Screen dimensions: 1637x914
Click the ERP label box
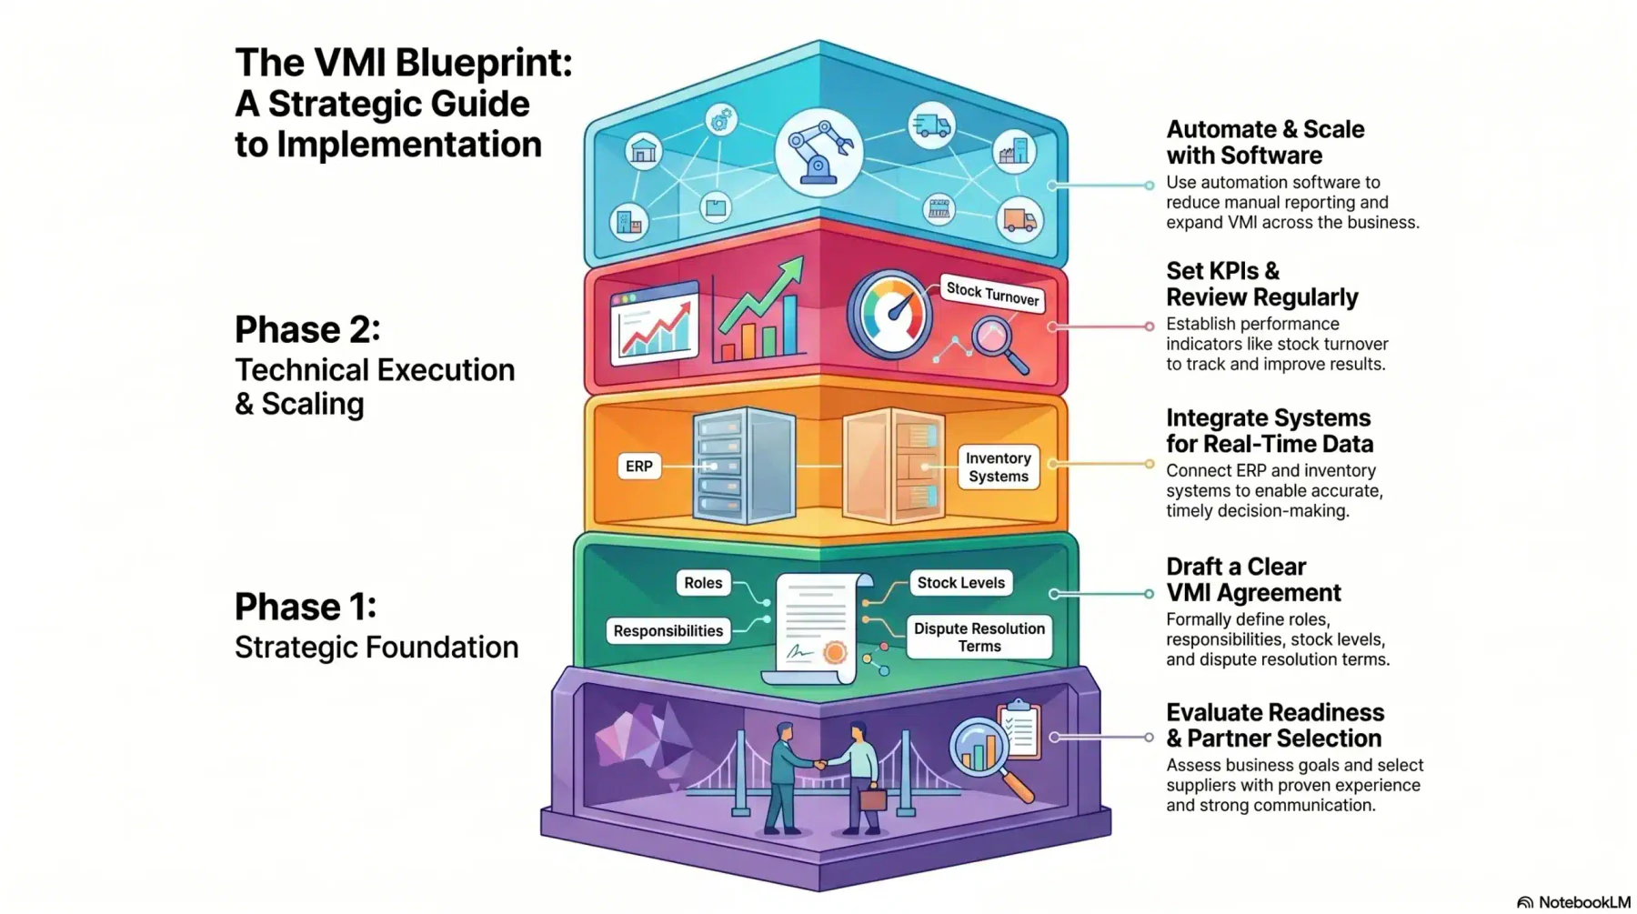[638, 467]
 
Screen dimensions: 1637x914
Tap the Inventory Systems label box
[998, 467]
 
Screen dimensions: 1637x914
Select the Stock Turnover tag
[992, 293]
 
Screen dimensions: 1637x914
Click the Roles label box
[703, 583]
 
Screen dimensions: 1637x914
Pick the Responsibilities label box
[668, 631]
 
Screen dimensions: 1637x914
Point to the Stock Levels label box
[960, 583]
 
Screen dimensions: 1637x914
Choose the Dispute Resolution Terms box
[979, 637]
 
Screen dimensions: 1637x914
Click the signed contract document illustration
[816, 628]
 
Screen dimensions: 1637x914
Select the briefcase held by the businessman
[872, 799]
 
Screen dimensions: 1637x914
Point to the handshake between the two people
[820, 765]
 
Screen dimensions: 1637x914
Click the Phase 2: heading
[307, 330]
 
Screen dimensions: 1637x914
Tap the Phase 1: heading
[306, 607]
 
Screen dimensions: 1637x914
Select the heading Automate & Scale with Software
[1265, 142]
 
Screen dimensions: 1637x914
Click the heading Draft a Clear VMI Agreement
[1253, 579]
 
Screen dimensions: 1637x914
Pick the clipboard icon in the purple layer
[1019, 728]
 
